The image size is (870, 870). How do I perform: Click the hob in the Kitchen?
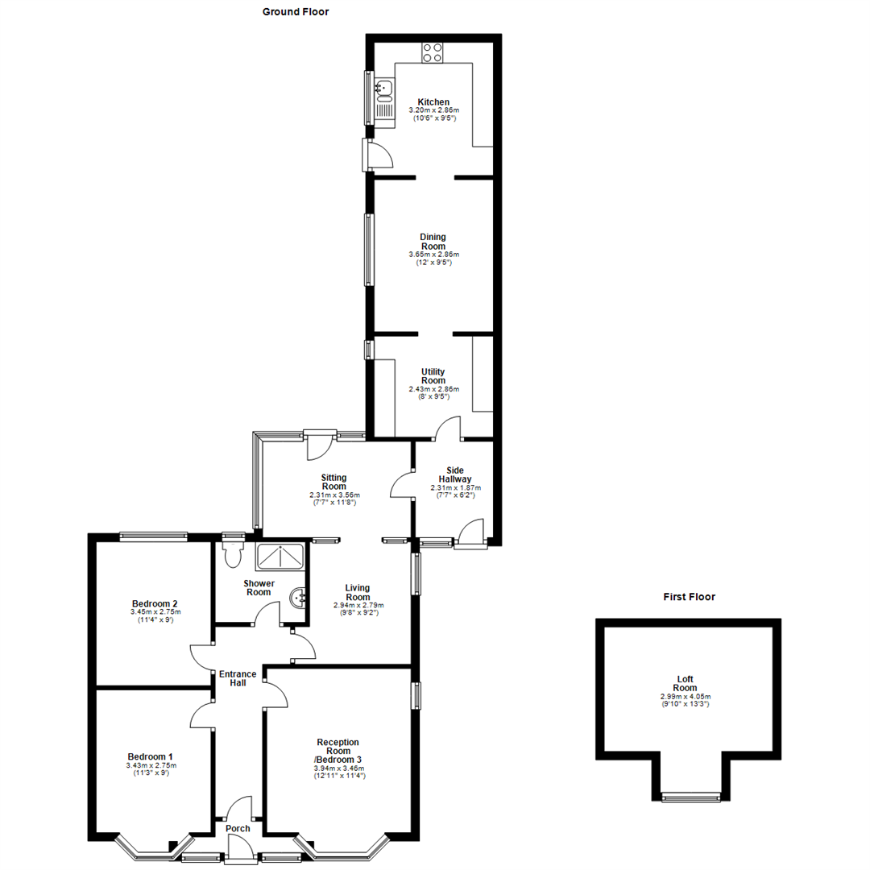coord(433,52)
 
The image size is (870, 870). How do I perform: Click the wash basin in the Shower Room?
coord(298,598)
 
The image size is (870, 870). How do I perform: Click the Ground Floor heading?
coord(296,12)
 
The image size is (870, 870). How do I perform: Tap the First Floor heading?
coord(689,597)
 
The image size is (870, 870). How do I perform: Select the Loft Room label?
coord(686,683)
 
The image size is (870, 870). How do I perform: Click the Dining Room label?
coord(433,242)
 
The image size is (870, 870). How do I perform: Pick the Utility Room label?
coord(433,376)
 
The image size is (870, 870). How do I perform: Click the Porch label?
coord(238,829)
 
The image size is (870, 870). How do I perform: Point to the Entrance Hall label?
coord(238,678)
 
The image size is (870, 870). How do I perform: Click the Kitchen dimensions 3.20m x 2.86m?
coord(433,110)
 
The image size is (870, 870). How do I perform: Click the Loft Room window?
coord(690,797)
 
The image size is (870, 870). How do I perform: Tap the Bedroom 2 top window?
coord(153,535)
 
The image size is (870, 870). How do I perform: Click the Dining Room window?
coord(370,249)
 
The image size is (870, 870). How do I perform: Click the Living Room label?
coord(358,592)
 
